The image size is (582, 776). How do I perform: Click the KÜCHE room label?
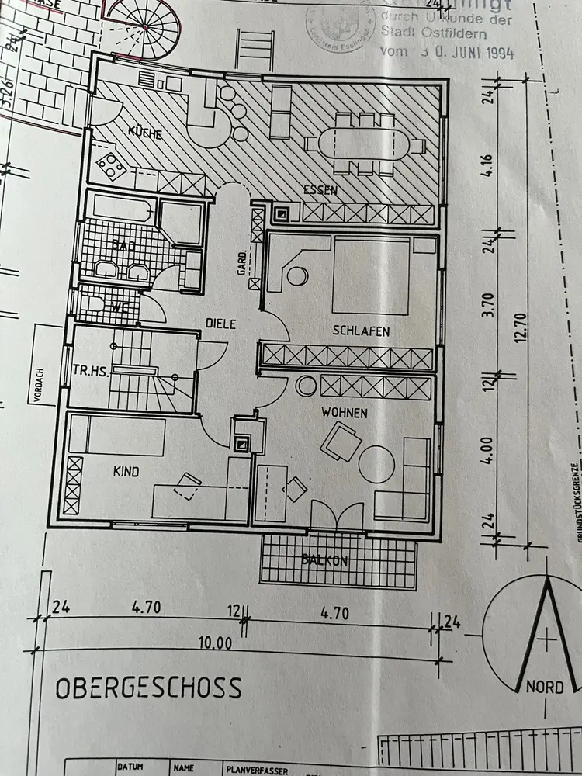point(145,134)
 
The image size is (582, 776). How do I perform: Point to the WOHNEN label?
point(345,413)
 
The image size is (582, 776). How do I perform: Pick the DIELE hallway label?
point(220,324)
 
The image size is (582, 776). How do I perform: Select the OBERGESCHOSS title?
point(147,688)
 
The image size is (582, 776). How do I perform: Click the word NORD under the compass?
point(545,687)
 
